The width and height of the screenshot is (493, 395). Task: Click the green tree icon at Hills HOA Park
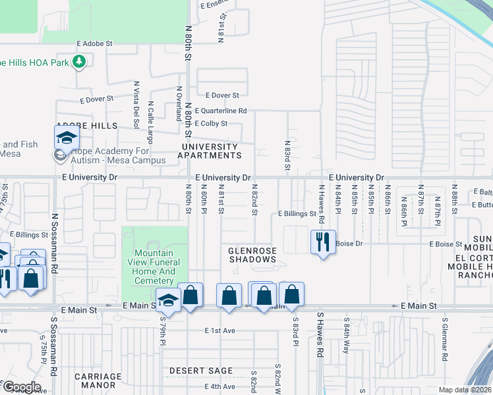79,62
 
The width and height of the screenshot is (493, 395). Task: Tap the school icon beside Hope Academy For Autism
67,138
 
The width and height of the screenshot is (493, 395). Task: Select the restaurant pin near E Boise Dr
322,242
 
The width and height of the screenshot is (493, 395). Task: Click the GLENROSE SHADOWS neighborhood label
252,255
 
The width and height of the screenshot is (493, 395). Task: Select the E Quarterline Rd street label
217,111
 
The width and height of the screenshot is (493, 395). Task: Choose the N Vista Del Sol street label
136,104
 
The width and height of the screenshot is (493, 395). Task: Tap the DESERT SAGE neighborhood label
193,371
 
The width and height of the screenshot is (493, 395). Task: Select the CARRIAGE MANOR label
98,381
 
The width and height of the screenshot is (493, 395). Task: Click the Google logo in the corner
22,387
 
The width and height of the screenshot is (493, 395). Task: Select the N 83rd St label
287,155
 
